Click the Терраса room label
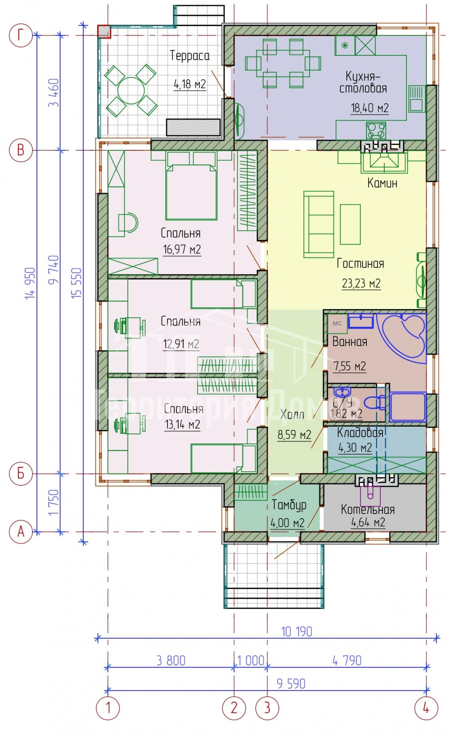pyautogui.click(x=189, y=55)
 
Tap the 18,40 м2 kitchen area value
pyautogui.click(x=369, y=108)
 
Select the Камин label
pyautogui.click(x=382, y=183)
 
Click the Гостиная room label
pyautogui.click(x=360, y=263)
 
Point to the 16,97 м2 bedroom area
pyautogui.click(x=182, y=250)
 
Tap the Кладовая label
pyautogui.click(x=360, y=433)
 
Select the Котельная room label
pyautogui.click(x=368, y=510)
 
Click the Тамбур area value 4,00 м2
pyautogui.click(x=288, y=523)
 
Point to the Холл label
pyautogui.click(x=292, y=415)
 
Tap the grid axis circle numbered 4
pyautogui.click(x=426, y=708)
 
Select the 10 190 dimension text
pyautogui.click(x=297, y=632)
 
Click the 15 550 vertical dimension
pyautogui.click(x=76, y=283)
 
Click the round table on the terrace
pyautogui.click(x=131, y=90)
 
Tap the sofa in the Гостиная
pyautogui.click(x=319, y=225)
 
